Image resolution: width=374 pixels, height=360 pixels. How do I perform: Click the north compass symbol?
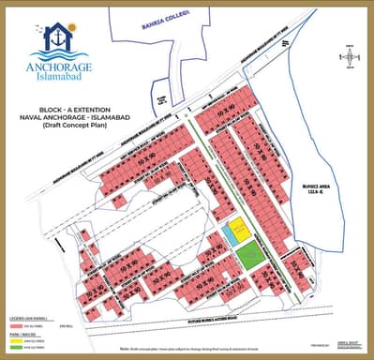349,55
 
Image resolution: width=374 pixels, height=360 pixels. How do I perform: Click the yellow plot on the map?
241,228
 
